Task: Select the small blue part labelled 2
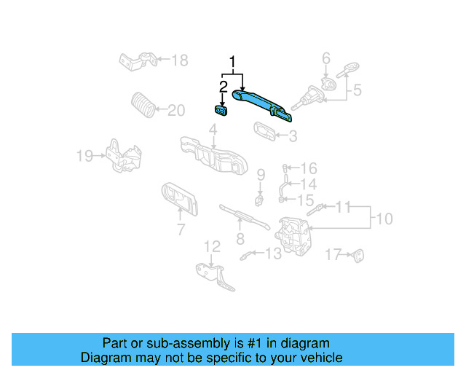(x=220, y=111)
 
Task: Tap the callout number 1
(x=233, y=63)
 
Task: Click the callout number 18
(x=180, y=60)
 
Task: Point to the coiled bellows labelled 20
(x=143, y=105)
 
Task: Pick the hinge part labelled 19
(x=124, y=156)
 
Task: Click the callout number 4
(x=213, y=130)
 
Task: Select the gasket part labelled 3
(x=264, y=131)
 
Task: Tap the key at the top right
(x=347, y=70)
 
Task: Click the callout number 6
(x=326, y=58)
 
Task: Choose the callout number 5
(x=357, y=90)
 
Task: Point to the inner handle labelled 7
(x=180, y=199)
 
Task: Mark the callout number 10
(x=384, y=219)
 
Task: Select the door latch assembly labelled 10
(x=293, y=237)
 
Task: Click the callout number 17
(x=333, y=254)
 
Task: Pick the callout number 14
(x=309, y=184)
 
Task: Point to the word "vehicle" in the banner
(x=323, y=358)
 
